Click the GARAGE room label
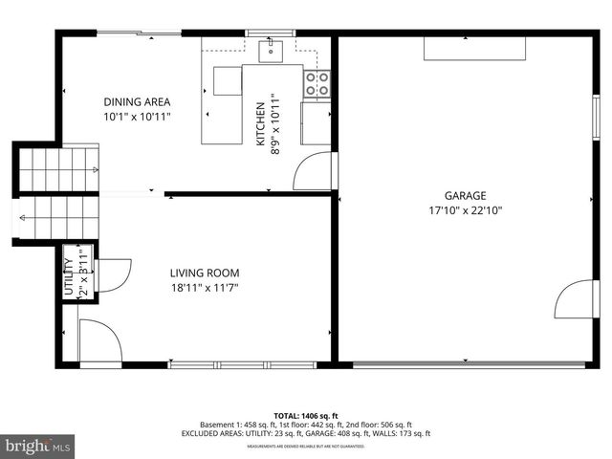click(465, 196)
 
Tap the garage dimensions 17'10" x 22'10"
click(465, 210)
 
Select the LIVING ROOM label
click(205, 273)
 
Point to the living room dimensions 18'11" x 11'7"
click(205, 287)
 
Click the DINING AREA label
click(137, 102)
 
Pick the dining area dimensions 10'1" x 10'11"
click(137, 117)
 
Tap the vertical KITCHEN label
click(258, 124)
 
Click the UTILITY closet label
click(68, 276)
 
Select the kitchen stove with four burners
click(317, 83)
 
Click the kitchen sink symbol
click(272, 49)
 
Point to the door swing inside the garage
click(572, 298)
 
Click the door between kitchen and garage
click(312, 171)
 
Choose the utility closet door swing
click(113, 275)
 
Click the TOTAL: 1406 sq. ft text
click(306, 416)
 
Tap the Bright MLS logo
click(38, 445)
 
